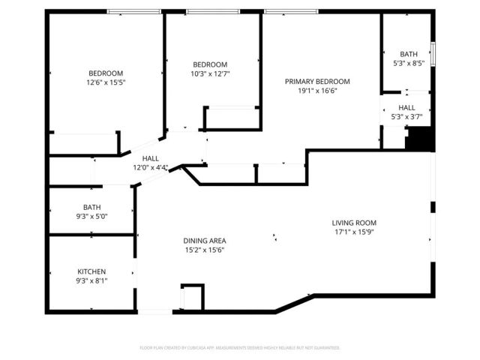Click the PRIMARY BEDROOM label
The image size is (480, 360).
coord(316,81)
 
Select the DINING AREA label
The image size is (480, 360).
coord(205,241)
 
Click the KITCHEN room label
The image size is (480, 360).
coord(91,271)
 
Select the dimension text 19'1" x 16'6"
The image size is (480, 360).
coord(316,90)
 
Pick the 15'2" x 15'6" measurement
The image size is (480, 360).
coord(205,250)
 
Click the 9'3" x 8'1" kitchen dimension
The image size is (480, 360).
coord(91,280)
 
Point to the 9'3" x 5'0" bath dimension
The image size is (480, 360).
coord(91,217)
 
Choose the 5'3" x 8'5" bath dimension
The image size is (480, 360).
coord(409,63)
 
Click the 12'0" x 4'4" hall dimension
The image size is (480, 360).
coord(151,167)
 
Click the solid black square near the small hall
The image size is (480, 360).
coord(419,139)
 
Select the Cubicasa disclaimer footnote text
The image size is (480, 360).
coord(240,347)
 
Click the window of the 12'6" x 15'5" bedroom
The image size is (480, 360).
coord(135,11)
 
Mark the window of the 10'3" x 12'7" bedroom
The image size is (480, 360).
coord(213,11)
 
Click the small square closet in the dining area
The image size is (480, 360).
coord(193,296)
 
